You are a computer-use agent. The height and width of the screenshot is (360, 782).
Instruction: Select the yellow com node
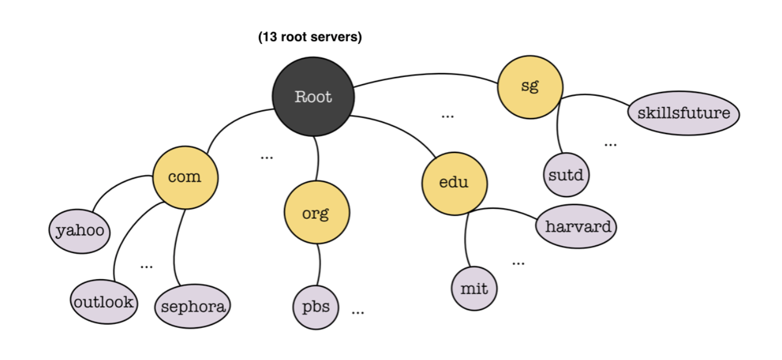185,177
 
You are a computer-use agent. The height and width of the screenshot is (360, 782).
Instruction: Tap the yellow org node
316,213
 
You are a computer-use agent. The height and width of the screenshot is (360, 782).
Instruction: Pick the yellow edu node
454,182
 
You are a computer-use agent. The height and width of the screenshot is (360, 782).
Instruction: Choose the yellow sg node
530,86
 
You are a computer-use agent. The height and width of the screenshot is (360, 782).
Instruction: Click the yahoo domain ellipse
79,230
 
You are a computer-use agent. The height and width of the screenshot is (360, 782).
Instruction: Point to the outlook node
104,302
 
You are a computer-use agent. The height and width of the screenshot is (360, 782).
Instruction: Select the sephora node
192,306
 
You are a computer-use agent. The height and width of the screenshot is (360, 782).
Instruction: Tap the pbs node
315,307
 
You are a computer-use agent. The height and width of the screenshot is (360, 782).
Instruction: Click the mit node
474,289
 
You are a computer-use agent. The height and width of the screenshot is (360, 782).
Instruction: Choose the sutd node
565,175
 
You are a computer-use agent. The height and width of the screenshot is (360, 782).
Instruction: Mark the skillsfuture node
683,114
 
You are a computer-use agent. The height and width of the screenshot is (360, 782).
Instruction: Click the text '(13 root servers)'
310,38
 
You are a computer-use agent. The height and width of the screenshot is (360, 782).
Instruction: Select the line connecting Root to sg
426,75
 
